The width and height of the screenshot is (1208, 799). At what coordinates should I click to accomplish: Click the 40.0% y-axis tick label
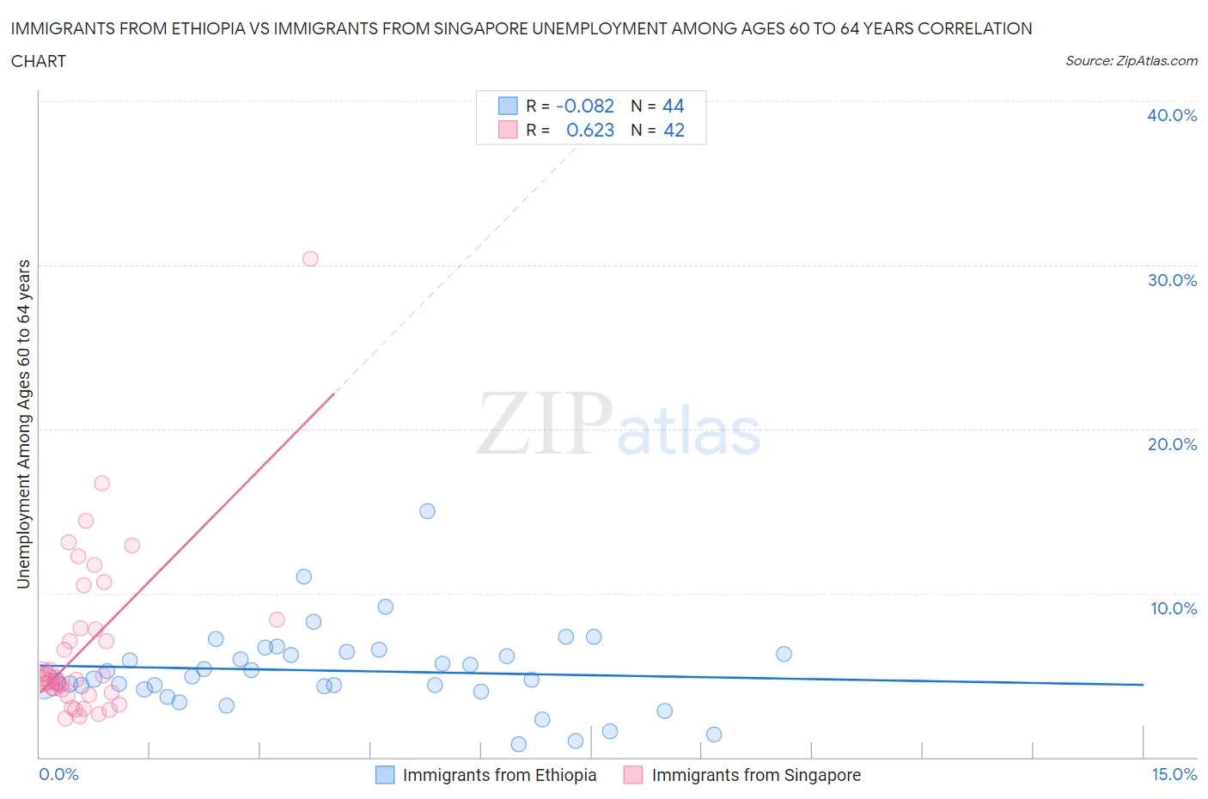[1171, 115]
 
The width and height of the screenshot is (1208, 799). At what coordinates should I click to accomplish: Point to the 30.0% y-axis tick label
[1171, 280]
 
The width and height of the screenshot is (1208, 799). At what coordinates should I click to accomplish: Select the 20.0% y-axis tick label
[1171, 444]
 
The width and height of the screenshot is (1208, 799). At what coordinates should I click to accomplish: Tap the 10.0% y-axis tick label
[1173, 608]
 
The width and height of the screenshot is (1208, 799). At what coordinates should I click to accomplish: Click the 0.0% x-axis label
[58, 774]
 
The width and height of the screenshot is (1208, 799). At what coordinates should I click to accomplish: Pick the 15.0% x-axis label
[1174, 774]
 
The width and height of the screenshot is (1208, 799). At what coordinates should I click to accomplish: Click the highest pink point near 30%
[310, 259]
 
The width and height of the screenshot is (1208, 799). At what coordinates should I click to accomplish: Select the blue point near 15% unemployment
[427, 511]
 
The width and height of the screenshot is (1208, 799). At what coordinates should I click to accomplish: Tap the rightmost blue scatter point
[784, 654]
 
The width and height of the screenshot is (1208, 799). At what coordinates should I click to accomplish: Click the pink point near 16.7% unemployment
[101, 483]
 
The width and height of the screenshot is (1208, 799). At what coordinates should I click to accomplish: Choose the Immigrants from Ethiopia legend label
[499, 775]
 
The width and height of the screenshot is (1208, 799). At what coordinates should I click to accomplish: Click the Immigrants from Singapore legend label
[756, 775]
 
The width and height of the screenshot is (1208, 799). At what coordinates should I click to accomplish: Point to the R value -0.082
[585, 106]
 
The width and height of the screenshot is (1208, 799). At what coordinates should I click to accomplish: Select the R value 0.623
[590, 130]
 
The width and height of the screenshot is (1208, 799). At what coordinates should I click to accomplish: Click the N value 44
[674, 106]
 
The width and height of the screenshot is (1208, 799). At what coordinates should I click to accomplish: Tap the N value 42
[674, 130]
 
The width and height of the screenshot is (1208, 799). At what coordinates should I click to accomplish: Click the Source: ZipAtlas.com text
[1131, 60]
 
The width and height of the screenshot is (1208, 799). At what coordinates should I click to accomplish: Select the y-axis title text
[23, 424]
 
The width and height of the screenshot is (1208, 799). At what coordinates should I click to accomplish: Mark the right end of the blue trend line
[1143, 685]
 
